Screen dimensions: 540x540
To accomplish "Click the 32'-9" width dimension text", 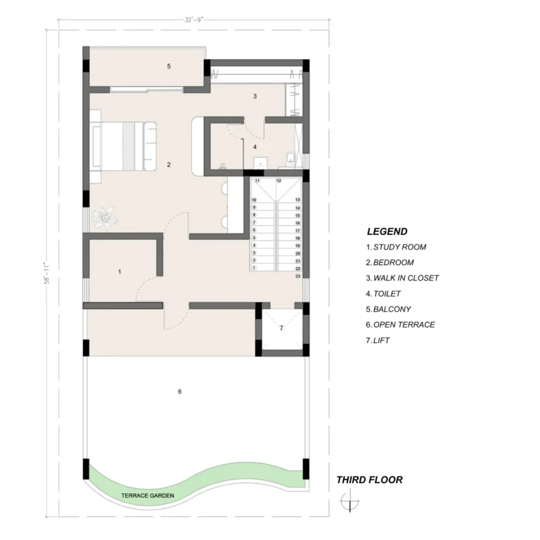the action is [x=194, y=20].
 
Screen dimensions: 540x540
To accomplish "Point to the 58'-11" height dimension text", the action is [x=47, y=274].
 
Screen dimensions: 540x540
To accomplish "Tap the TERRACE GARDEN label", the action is [x=148, y=496].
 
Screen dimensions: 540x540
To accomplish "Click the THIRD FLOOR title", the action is [x=370, y=480].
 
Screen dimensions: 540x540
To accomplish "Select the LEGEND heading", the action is [x=387, y=231].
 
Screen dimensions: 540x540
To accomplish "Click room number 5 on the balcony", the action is [x=169, y=66].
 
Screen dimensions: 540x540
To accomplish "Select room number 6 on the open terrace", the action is [x=180, y=392].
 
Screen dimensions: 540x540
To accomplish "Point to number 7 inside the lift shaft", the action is [x=281, y=328].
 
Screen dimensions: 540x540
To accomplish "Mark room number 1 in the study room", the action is [x=120, y=271].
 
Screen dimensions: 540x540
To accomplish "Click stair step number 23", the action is [x=298, y=276].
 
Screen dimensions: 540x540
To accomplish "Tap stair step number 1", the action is [x=254, y=268].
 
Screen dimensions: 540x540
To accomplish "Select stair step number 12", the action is [x=279, y=181].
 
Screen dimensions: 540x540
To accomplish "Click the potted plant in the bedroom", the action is [x=105, y=217].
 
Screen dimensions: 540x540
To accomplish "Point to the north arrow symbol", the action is [x=350, y=501].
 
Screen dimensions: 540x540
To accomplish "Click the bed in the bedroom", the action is [x=124, y=146].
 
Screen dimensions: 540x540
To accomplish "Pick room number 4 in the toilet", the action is [x=255, y=147].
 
